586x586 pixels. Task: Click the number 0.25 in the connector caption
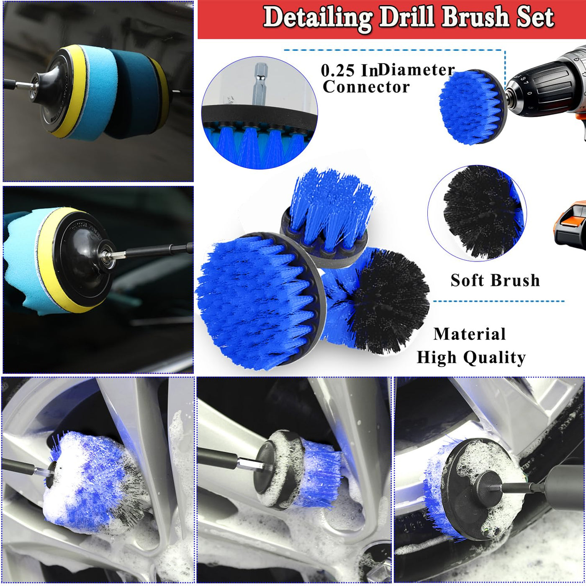point(337,71)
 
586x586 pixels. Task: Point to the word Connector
point(366,87)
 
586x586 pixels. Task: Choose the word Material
point(470,334)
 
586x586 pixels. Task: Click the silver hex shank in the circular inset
point(261,84)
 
